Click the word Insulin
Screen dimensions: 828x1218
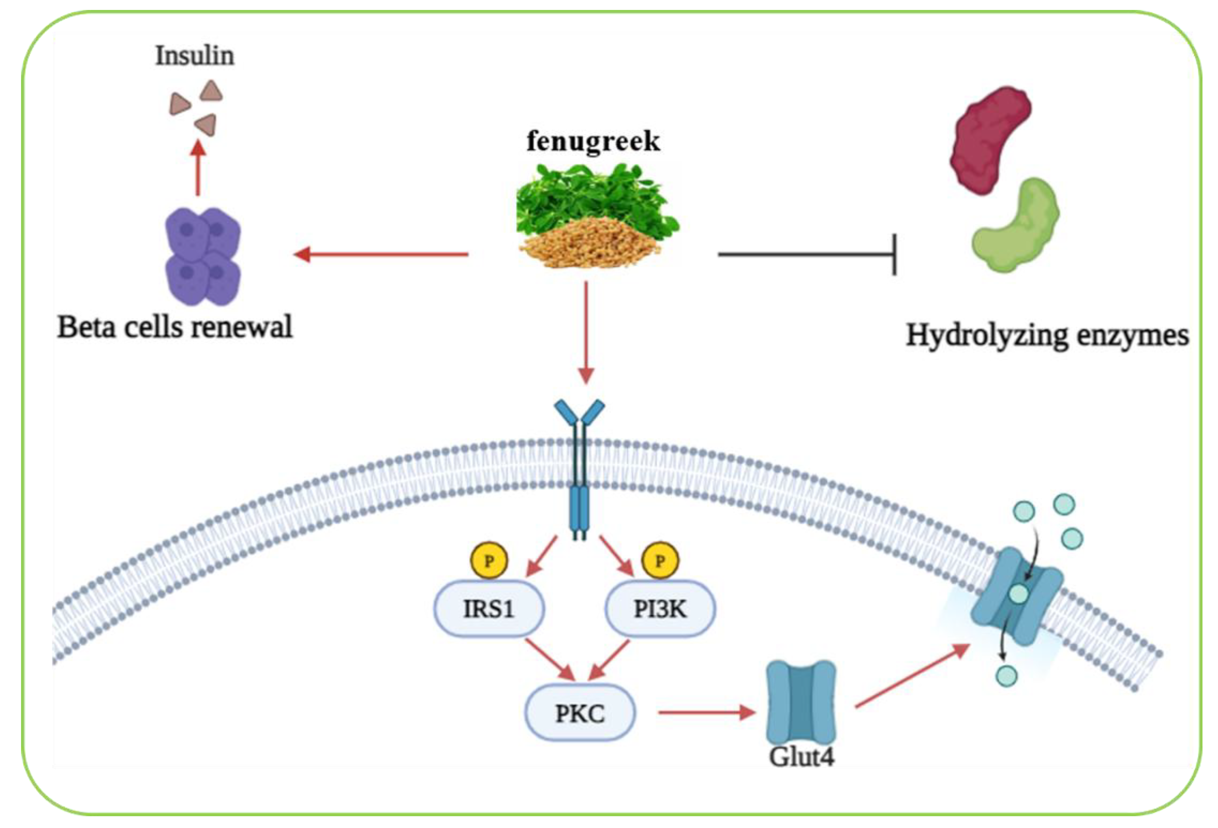pos(194,56)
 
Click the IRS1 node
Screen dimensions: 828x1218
pos(489,609)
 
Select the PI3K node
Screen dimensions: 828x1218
pos(660,609)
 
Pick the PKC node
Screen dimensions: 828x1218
pos(580,713)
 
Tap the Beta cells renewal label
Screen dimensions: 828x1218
pos(175,327)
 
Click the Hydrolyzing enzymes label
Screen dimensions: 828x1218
pos(1047,335)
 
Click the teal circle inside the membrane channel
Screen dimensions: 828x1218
pos(1018,594)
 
